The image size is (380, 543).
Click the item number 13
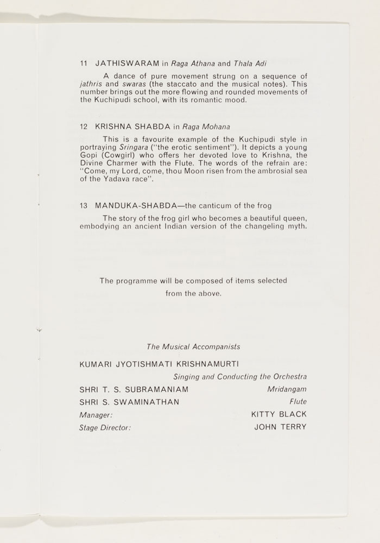click(x=83, y=206)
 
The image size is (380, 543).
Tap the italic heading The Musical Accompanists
click(x=193, y=346)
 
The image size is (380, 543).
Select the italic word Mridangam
click(x=287, y=389)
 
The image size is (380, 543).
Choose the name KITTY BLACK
click(x=279, y=414)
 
